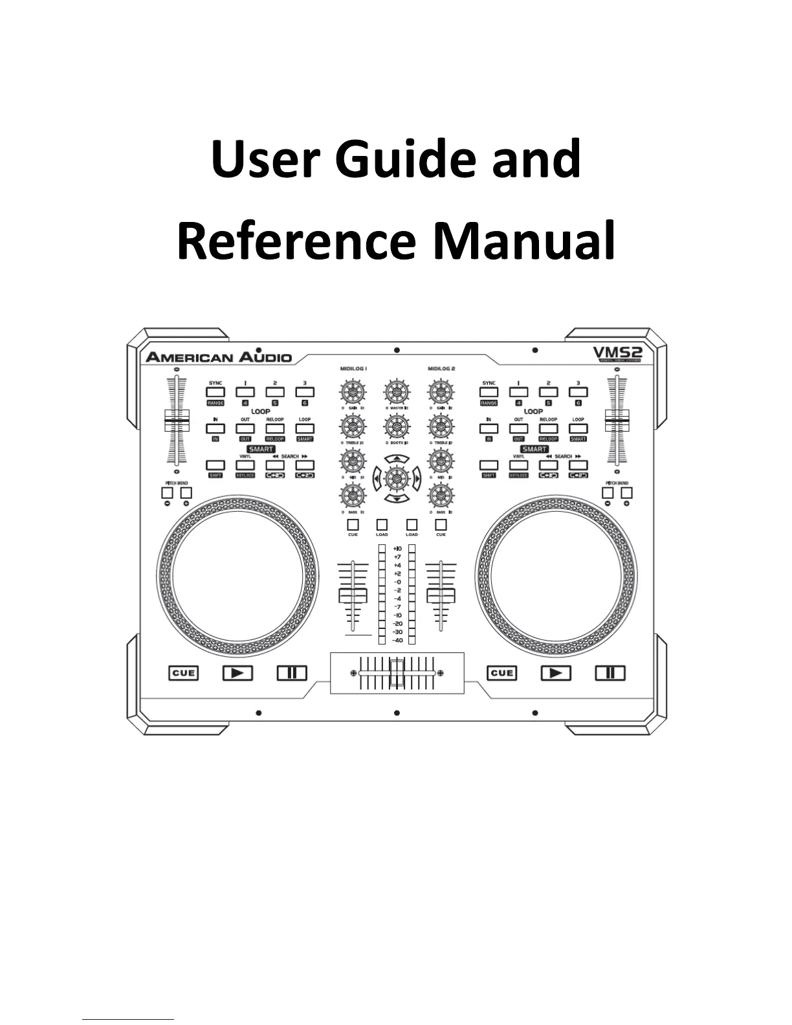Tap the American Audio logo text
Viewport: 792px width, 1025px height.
[219, 357]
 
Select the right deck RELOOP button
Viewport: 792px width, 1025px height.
[548, 429]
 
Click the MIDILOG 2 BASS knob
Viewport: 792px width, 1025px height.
[441, 496]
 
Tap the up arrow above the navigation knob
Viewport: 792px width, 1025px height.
[397, 459]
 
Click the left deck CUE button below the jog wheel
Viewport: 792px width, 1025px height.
[183, 673]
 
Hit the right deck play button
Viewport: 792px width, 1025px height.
[556, 673]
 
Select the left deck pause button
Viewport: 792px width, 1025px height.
[292, 673]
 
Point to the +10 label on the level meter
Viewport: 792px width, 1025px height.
[397, 549]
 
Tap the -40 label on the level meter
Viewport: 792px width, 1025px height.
[397, 640]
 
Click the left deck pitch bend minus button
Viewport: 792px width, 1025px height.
[167, 494]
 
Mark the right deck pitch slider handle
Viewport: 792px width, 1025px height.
[617, 421]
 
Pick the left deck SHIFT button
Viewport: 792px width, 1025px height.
[215, 465]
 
